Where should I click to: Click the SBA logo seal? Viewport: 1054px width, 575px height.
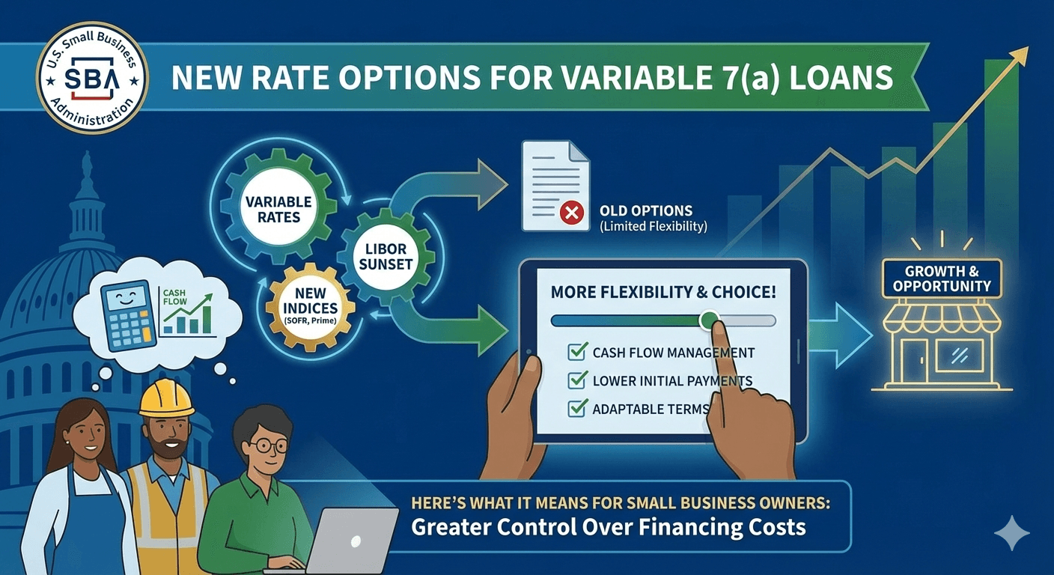92,78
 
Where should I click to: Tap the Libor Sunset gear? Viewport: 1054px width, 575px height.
386,256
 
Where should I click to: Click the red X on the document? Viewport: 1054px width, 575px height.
572,213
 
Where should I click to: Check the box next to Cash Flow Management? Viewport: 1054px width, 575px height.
577,352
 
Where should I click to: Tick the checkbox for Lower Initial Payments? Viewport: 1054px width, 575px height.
577,380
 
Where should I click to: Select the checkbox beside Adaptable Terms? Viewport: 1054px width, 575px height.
577,408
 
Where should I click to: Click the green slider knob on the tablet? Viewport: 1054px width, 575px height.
707,320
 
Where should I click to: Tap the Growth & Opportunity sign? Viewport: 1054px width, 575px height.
941,279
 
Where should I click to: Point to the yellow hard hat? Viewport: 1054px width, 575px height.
166,398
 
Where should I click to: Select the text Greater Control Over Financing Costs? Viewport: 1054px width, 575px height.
608,526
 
